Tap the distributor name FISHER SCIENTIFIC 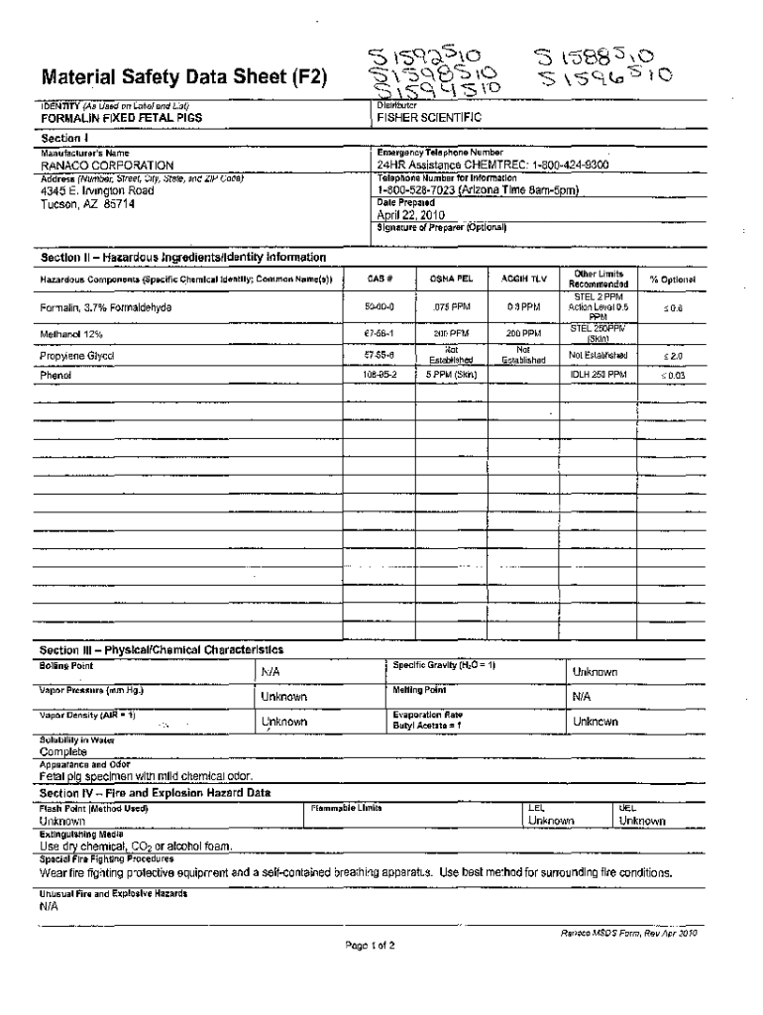(x=428, y=118)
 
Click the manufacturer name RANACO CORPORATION (x=107, y=166)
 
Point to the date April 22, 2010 (x=411, y=214)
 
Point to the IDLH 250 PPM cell (x=598, y=376)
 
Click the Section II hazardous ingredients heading (x=182, y=258)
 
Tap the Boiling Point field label (x=66, y=666)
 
